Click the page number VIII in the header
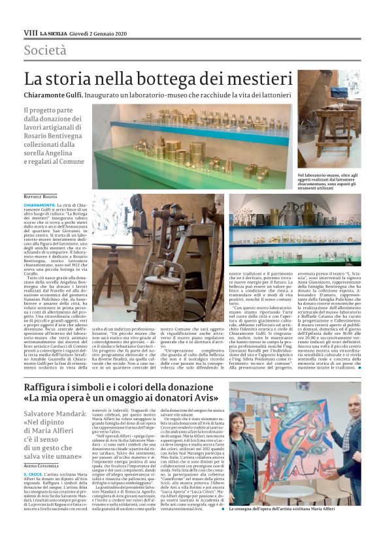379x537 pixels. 31,32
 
